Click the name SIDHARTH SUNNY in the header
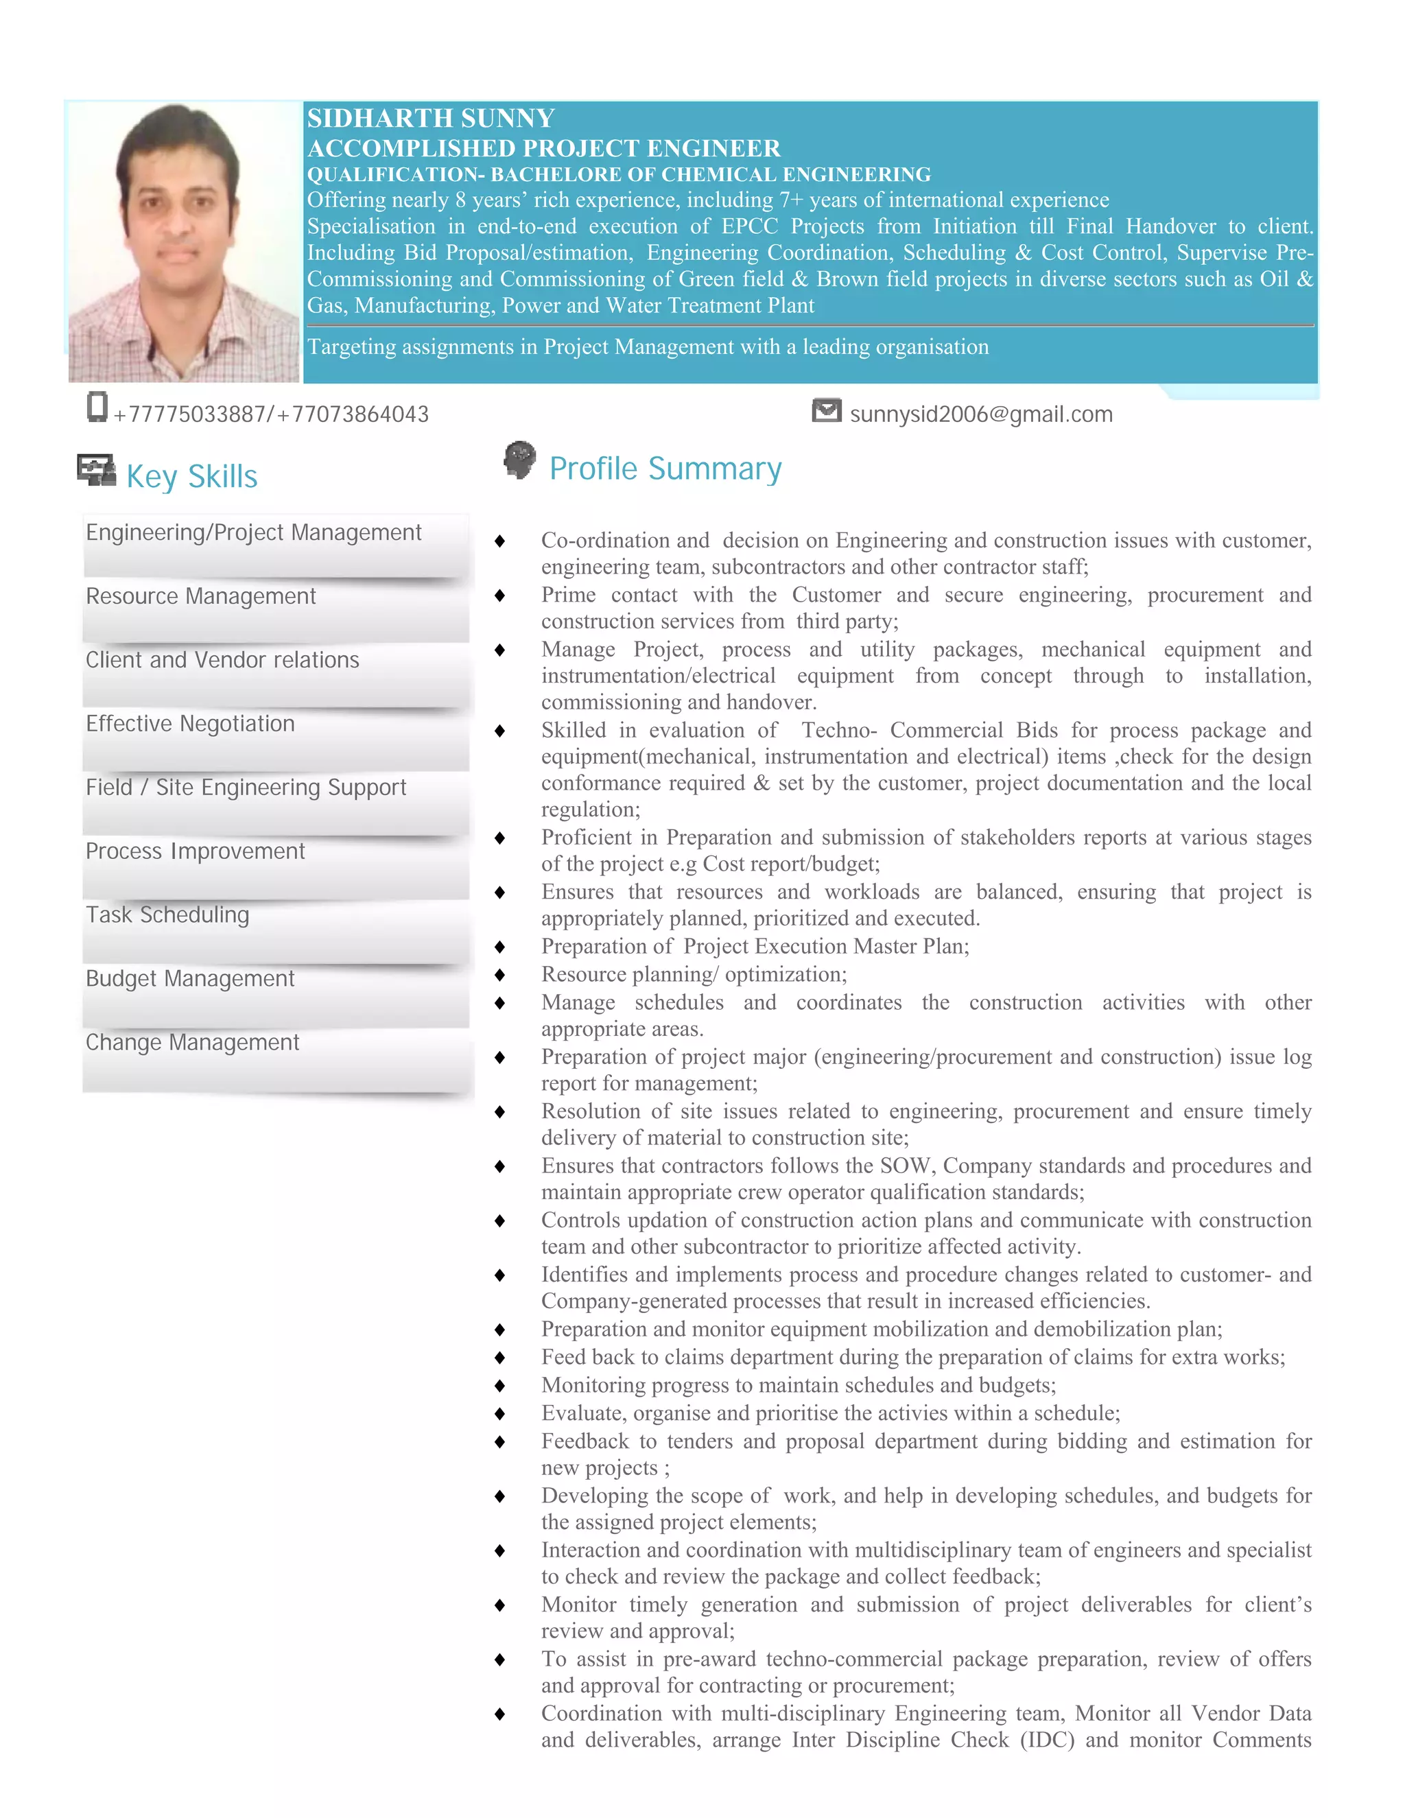click(x=430, y=118)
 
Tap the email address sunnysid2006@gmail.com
click(x=980, y=414)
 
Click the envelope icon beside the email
click(x=826, y=410)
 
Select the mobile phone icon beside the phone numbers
click(x=97, y=406)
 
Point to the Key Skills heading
click(x=191, y=477)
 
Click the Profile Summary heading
click(x=665, y=469)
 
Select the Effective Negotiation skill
click(x=190, y=723)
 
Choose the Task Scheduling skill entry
click(x=167, y=914)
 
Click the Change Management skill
click(x=192, y=1042)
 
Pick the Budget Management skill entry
click(x=190, y=978)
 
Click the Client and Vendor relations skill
click(x=222, y=660)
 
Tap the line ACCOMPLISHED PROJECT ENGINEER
click(x=543, y=148)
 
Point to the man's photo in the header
click(x=184, y=241)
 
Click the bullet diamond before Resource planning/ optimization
click(x=499, y=975)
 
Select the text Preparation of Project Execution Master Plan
click(x=754, y=947)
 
